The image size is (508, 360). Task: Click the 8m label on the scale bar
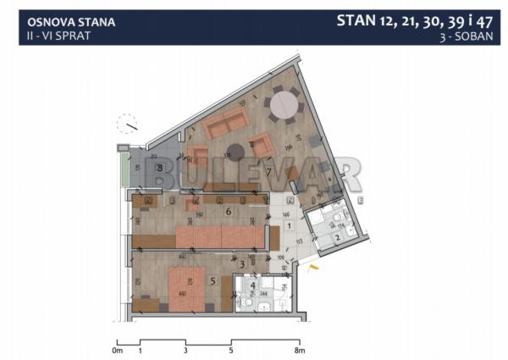tap(297, 349)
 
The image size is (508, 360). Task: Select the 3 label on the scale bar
tap(185, 349)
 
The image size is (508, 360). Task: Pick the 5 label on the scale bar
tap(230, 349)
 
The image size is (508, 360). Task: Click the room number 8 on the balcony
tap(158, 168)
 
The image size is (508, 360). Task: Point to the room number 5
tap(213, 280)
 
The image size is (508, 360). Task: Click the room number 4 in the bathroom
tap(251, 285)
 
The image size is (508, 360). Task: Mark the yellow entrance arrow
tap(314, 269)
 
